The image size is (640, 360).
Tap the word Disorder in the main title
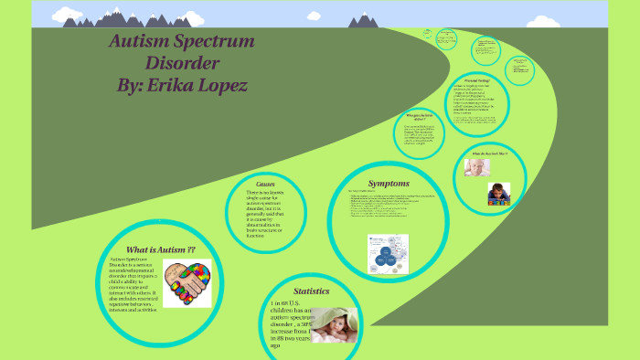[x=182, y=63]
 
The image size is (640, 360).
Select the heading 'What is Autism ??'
[x=160, y=249]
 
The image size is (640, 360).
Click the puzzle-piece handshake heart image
[x=187, y=284]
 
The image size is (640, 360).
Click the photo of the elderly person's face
[x=476, y=167]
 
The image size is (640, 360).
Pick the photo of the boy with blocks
[x=497, y=194]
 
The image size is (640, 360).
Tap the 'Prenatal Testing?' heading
[x=479, y=81]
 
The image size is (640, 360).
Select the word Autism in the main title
[x=135, y=42]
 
